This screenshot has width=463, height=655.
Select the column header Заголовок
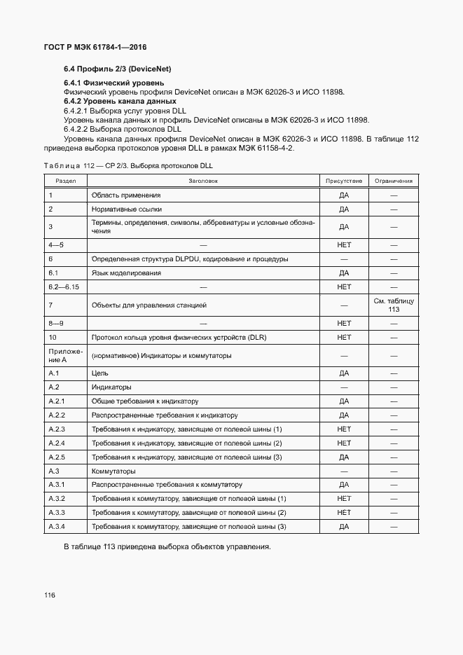tap(203, 181)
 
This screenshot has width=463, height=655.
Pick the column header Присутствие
tap(343, 181)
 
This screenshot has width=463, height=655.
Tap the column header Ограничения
tap(394, 181)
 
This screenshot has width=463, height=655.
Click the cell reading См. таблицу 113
tap(394, 305)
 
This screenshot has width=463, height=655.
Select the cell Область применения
tap(126, 195)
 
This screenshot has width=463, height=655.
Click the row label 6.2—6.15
tap(63, 287)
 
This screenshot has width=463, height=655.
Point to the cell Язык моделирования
tap(126, 273)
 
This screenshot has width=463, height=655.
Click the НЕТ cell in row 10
tap(343, 337)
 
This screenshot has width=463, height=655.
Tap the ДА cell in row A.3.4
tap(343, 526)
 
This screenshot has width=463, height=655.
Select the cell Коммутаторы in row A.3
tap(113, 471)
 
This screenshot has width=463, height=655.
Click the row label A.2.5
tap(57, 457)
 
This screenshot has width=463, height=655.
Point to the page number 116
tap(50, 595)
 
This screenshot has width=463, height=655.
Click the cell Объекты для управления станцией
tap(148, 305)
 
